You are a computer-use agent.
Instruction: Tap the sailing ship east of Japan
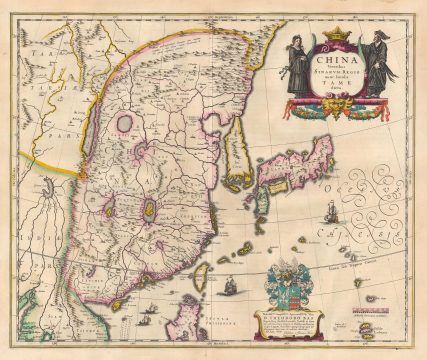coord(331,211)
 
